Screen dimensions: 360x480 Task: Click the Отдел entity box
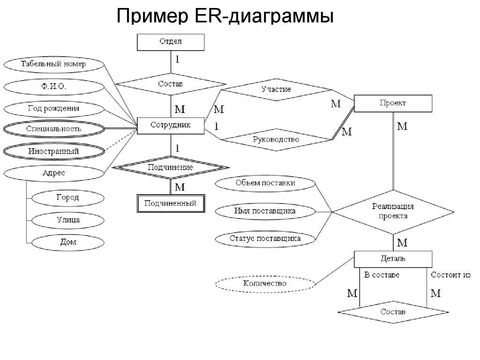171,42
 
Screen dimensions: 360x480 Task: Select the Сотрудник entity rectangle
171,126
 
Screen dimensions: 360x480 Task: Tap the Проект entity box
393,103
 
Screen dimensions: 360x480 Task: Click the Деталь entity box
393,259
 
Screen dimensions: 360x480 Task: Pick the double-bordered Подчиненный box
171,204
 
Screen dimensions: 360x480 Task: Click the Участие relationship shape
276,90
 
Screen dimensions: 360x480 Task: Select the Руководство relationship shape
276,139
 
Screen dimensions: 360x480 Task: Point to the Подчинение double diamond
171,167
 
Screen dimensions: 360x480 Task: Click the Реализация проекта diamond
393,212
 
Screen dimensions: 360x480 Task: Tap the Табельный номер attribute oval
53,64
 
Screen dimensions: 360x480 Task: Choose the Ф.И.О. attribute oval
53,87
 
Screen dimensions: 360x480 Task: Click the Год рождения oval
53,109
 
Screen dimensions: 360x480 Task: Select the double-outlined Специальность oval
53,129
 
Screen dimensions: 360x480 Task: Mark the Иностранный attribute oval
53,151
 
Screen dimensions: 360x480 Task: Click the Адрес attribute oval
53,173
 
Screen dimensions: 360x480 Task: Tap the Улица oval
67,220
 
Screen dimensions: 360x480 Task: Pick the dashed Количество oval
265,284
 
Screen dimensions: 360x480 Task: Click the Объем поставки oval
265,183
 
